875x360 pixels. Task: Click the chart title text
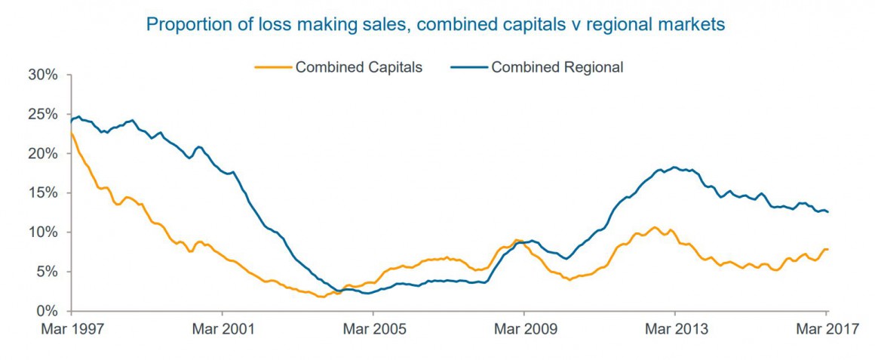(435, 25)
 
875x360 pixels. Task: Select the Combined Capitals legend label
(358, 67)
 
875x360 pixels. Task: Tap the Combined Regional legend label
(557, 67)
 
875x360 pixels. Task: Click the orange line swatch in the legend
(272, 67)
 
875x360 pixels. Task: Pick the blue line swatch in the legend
(468, 67)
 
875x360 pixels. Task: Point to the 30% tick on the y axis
(43, 75)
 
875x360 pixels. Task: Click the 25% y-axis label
(43, 114)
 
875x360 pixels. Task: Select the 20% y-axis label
(43, 153)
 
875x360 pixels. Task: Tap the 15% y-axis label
(43, 192)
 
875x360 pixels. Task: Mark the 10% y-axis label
(43, 232)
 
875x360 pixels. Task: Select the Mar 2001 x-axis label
(223, 330)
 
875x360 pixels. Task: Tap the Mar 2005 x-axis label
(374, 330)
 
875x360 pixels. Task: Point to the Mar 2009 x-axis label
(525, 330)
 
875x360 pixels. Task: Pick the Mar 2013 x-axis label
(676, 330)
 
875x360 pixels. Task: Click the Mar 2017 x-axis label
(827, 330)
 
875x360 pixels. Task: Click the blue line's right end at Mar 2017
(827, 212)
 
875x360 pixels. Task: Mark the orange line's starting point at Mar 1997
(70, 133)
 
